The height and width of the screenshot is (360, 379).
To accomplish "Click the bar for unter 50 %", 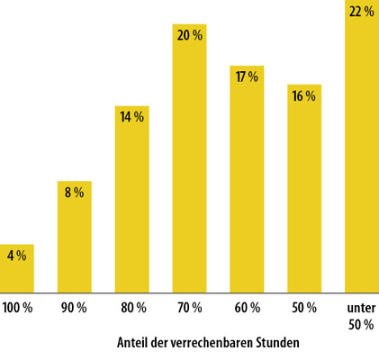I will pyautogui.click(x=362, y=153).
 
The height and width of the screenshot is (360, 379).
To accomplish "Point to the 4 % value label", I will pyautogui.click(x=17, y=256).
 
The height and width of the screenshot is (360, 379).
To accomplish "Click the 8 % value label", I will pyautogui.click(x=75, y=193).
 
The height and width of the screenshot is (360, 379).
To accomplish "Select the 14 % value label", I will pyautogui.click(x=132, y=117).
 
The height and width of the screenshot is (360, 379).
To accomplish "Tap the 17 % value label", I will pyautogui.click(x=247, y=77).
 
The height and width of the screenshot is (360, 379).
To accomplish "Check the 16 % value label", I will pyautogui.click(x=304, y=96).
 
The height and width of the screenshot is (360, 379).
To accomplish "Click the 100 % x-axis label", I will pyautogui.click(x=17, y=308).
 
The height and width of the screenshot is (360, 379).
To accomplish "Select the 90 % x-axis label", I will pyautogui.click(x=75, y=308).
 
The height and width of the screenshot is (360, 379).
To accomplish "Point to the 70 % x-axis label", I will pyautogui.click(x=189, y=308).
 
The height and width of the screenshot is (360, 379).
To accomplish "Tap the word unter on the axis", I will pyautogui.click(x=362, y=308).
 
